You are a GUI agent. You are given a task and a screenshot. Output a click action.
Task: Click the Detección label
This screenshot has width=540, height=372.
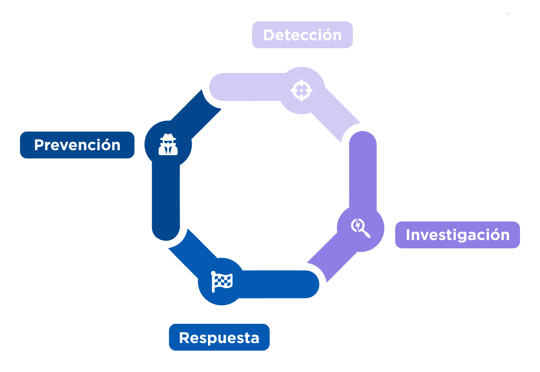302,35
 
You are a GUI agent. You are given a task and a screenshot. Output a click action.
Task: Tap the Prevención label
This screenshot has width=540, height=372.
77,145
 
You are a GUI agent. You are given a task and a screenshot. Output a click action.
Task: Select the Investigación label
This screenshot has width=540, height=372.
457,235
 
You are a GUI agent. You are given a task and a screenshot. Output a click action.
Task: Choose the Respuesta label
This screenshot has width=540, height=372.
219,338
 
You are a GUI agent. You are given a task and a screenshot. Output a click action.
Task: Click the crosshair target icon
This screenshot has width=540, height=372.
302,90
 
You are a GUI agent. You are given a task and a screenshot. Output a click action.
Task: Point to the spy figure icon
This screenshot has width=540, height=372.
168,145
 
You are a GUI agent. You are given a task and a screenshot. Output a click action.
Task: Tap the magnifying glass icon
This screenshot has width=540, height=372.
360,228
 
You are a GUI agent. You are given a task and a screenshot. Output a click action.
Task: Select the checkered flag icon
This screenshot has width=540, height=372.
222,281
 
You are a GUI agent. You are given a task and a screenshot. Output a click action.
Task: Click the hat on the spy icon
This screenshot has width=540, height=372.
168,137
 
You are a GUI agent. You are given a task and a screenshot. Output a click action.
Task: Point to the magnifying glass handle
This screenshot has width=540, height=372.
366,234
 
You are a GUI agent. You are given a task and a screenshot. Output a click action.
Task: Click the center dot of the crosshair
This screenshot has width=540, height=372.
302,90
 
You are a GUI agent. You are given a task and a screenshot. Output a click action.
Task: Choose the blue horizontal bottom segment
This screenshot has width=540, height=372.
279,284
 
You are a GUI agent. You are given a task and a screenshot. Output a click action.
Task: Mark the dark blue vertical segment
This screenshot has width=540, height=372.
166,200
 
